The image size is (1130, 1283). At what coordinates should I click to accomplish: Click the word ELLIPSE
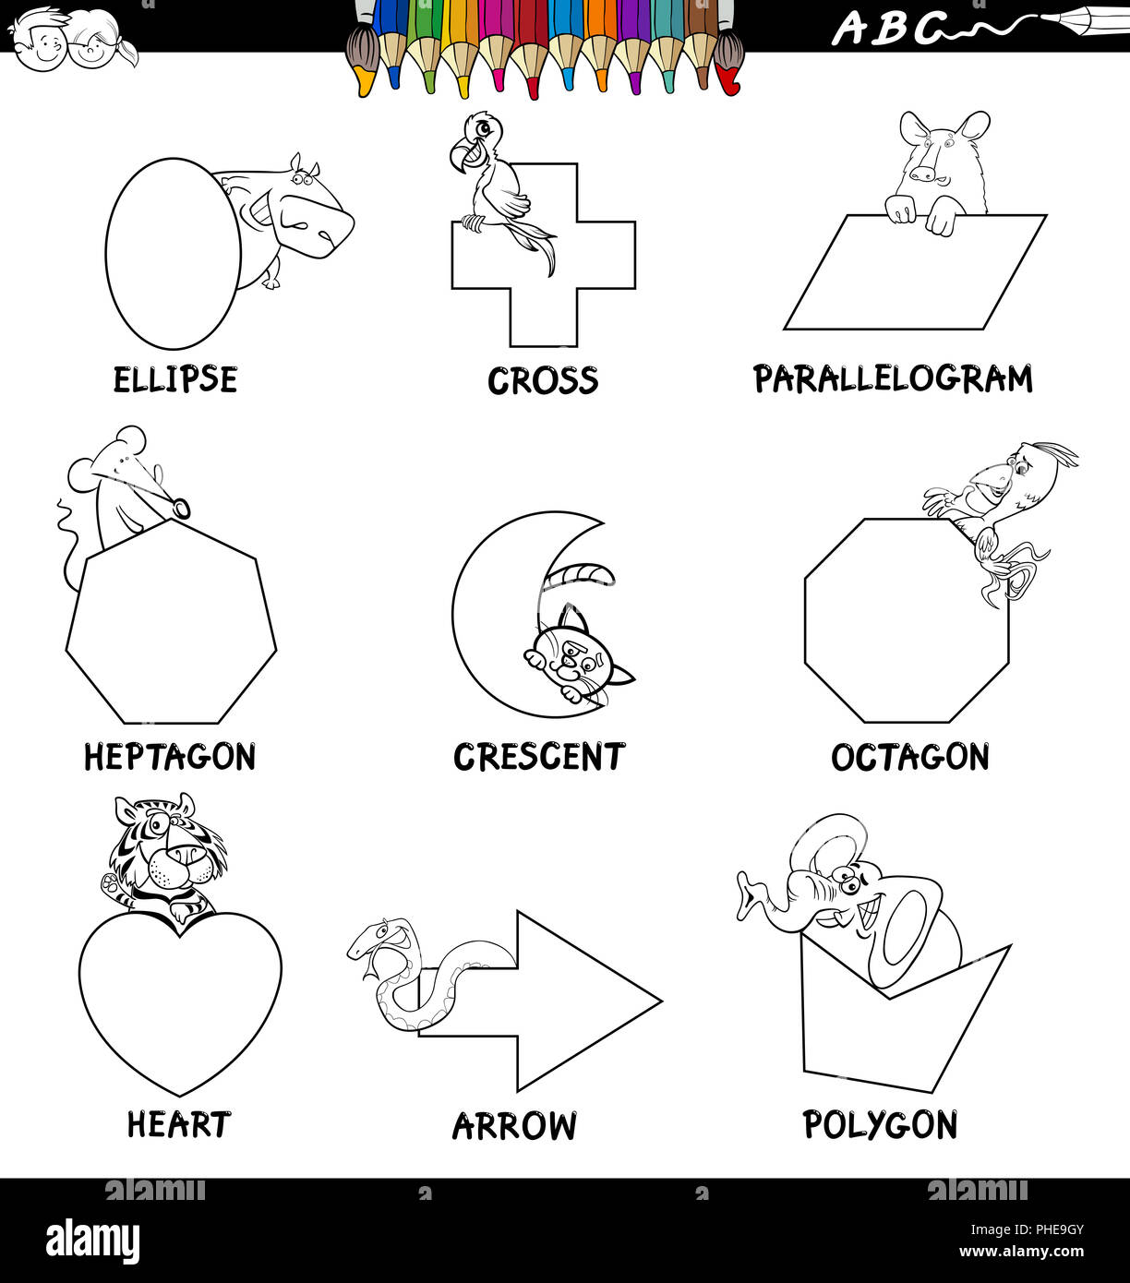[x=175, y=380]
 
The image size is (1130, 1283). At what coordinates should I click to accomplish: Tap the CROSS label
[x=543, y=381]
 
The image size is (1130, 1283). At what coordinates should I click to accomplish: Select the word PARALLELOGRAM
[x=893, y=379]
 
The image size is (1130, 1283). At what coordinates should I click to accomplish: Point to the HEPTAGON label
[x=170, y=758]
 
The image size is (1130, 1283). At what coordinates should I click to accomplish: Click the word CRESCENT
[x=539, y=757]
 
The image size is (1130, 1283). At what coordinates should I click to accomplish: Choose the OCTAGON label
[x=910, y=758]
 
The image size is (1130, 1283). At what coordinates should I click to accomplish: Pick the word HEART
[x=178, y=1125]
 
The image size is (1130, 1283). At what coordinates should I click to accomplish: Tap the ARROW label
[x=514, y=1126]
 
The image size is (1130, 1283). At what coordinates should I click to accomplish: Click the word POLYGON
[x=880, y=1125]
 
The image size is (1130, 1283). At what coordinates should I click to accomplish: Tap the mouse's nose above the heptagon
[x=181, y=507]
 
